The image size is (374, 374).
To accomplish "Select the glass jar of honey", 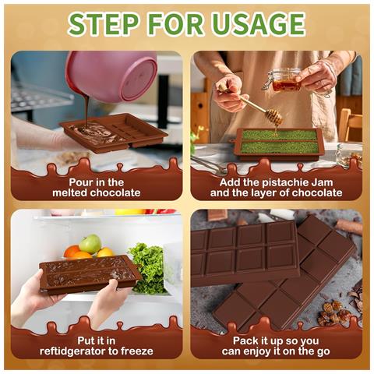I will pos(285,79).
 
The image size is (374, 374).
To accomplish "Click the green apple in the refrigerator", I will pos(90,244).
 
